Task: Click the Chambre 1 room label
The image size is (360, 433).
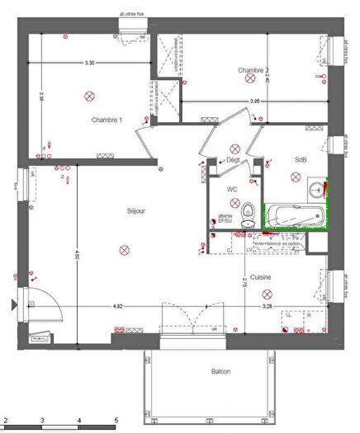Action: (107, 120)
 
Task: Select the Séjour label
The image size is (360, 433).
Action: (136, 211)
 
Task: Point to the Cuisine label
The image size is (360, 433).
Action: (262, 277)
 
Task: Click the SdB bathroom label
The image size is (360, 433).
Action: (300, 159)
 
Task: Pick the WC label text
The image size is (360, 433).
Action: (233, 189)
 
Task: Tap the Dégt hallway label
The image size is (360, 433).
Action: (233, 159)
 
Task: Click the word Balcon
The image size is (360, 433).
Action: (220, 372)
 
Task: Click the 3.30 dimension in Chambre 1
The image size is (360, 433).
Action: (89, 64)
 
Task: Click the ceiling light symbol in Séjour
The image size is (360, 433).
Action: (124, 248)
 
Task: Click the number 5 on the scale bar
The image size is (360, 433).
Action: (116, 419)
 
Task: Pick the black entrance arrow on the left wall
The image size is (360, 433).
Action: (12, 305)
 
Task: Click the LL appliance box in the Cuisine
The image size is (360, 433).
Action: (289, 315)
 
